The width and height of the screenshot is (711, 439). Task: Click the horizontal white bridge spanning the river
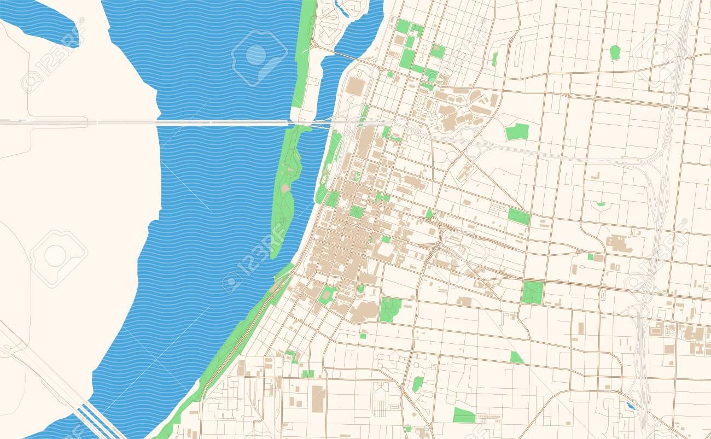coord(219,123)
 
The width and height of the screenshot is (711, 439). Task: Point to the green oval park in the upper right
coord(615,52)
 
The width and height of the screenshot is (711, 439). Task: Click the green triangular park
coord(516,358)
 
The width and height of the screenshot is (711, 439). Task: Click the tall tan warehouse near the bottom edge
coord(317,398)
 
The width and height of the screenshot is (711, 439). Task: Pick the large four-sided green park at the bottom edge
coord(464,415)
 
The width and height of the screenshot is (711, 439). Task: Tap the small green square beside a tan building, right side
coord(590,256)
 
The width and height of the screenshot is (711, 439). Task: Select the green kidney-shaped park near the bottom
coord(417,384)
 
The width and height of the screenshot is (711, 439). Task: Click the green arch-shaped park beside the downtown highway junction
coord(429,214)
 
